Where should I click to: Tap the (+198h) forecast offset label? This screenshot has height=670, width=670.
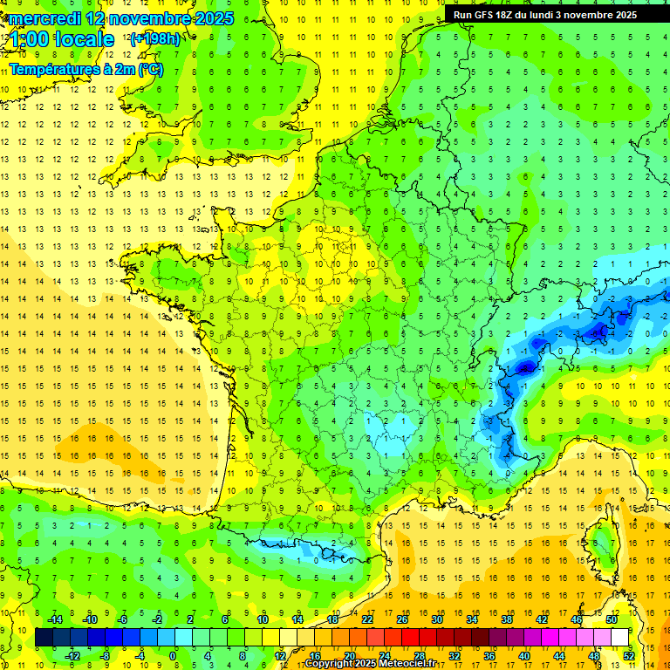pos(155,38)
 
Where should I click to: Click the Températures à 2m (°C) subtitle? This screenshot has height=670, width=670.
pos(86,69)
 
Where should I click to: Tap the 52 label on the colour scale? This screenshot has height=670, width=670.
pos(629,656)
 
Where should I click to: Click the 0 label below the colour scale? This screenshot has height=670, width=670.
pos(173,656)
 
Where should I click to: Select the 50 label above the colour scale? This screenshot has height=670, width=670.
pos(611,619)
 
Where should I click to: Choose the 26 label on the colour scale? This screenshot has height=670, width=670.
pos(402,619)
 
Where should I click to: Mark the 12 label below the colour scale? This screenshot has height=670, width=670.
pos(280,656)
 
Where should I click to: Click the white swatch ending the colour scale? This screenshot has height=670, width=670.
pos(620,638)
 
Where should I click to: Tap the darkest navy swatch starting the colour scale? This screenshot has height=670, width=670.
pos(44,638)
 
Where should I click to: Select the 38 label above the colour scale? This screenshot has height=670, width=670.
pos(507,619)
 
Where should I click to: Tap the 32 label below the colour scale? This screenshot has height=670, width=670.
pos(455,656)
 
